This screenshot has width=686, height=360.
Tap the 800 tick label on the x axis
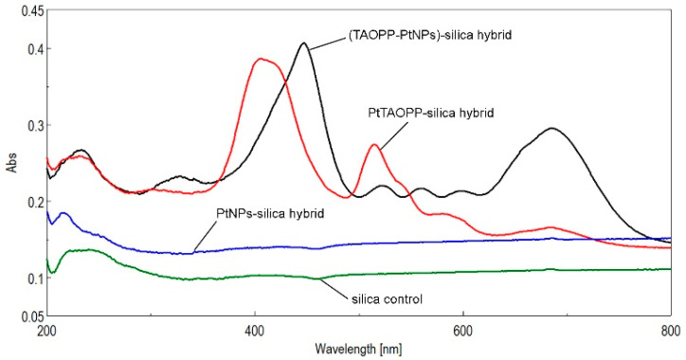[x=670, y=332]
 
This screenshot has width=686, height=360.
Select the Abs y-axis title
[x=10, y=163]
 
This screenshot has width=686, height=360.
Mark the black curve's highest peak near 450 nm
[x=303, y=44]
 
